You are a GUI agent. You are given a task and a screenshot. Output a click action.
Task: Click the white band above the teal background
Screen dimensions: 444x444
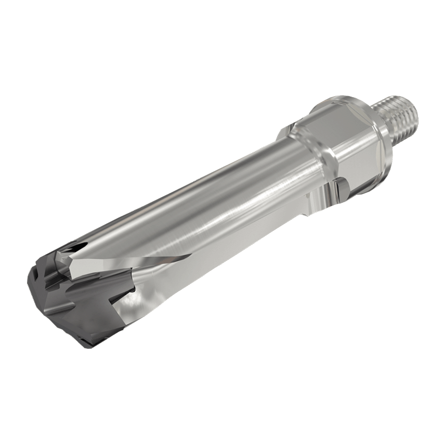tap(222, 42)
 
